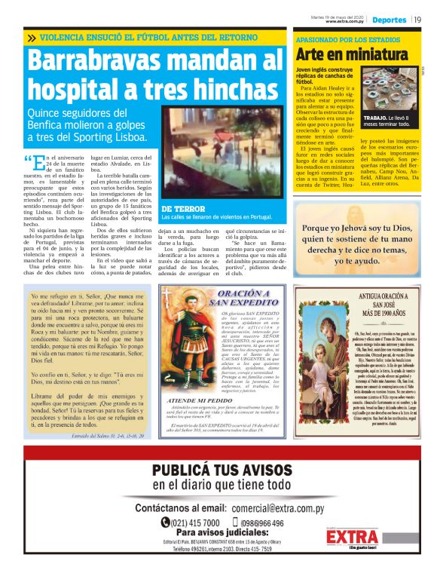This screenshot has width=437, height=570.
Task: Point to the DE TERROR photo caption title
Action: point(182,208)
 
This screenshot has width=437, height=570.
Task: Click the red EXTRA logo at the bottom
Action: point(353,537)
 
